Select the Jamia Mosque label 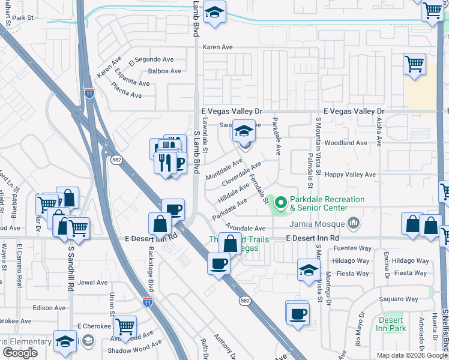pyautogui.click(x=318, y=224)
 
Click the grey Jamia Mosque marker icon pyautogui.click(x=354, y=224)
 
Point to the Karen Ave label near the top pyautogui.click(x=217, y=47)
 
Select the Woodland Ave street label pyautogui.click(x=345, y=143)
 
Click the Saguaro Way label pyautogui.click(x=399, y=299)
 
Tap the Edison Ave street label pyautogui.click(x=49, y=308)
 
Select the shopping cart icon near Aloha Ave pyautogui.click(x=414, y=63)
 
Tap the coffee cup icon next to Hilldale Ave pyautogui.click(x=173, y=209)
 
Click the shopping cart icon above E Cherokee pyautogui.click(x=125, y=326)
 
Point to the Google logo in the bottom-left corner pyautogui.click(x=20, y=353)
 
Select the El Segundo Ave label pyautogui.click(x=151, y=60)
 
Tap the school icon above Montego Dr pyautogui.click(x=309, y=270)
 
